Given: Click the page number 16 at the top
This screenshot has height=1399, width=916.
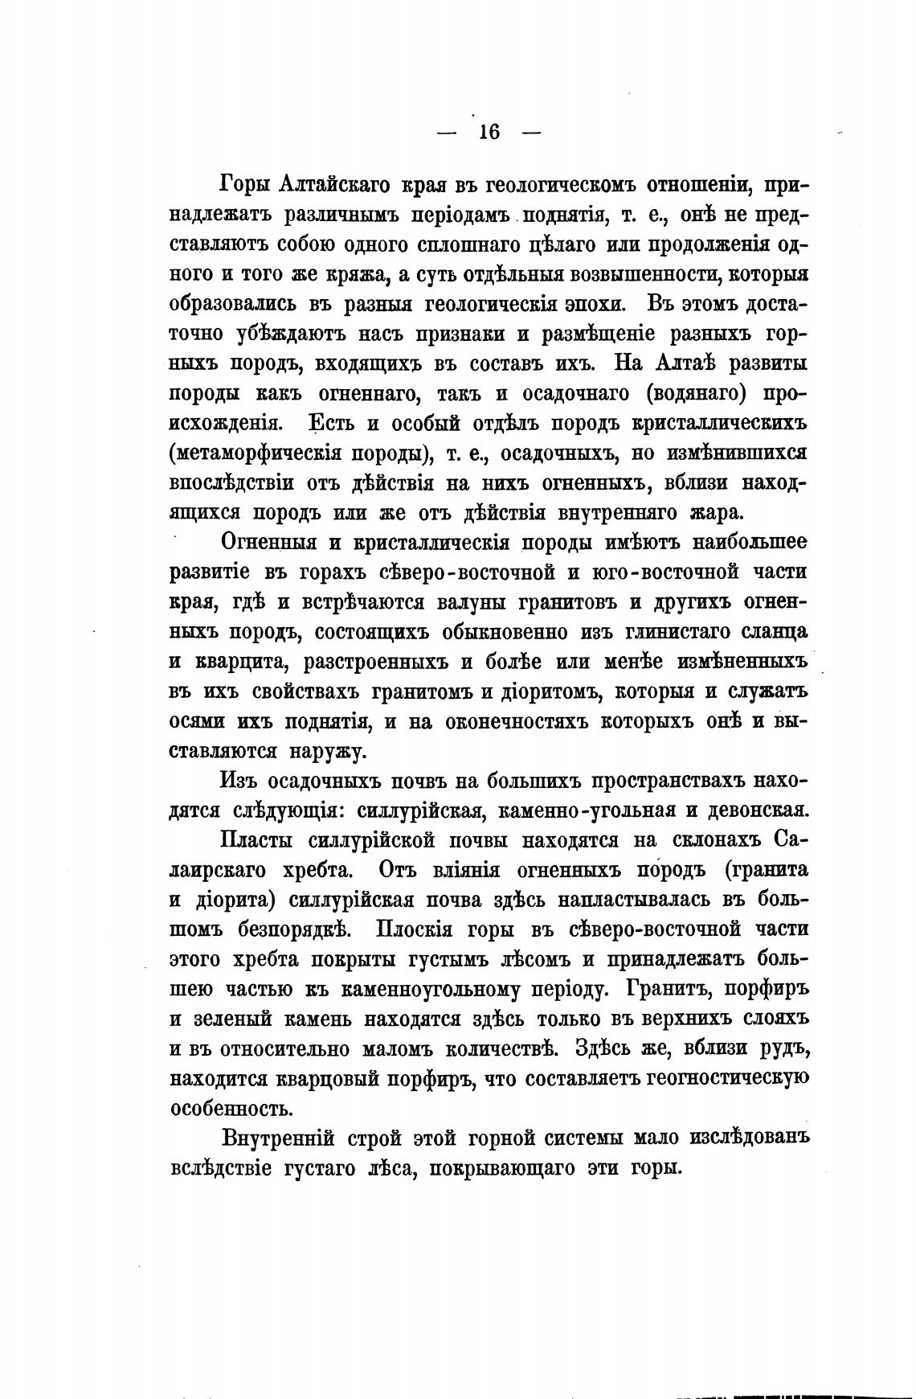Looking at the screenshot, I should pyautogui.click(x=489, y=133).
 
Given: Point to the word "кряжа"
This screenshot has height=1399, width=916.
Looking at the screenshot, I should pyautogui.click(x=343, y=276).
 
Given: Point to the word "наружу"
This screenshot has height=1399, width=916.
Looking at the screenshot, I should pyautogui.click(x=326, y=751).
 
